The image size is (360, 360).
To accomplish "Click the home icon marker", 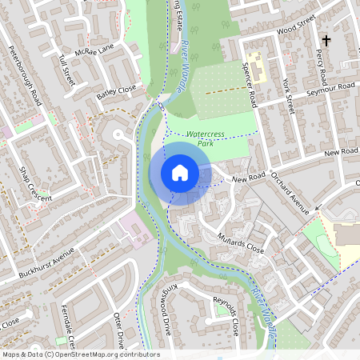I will (180, 173).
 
